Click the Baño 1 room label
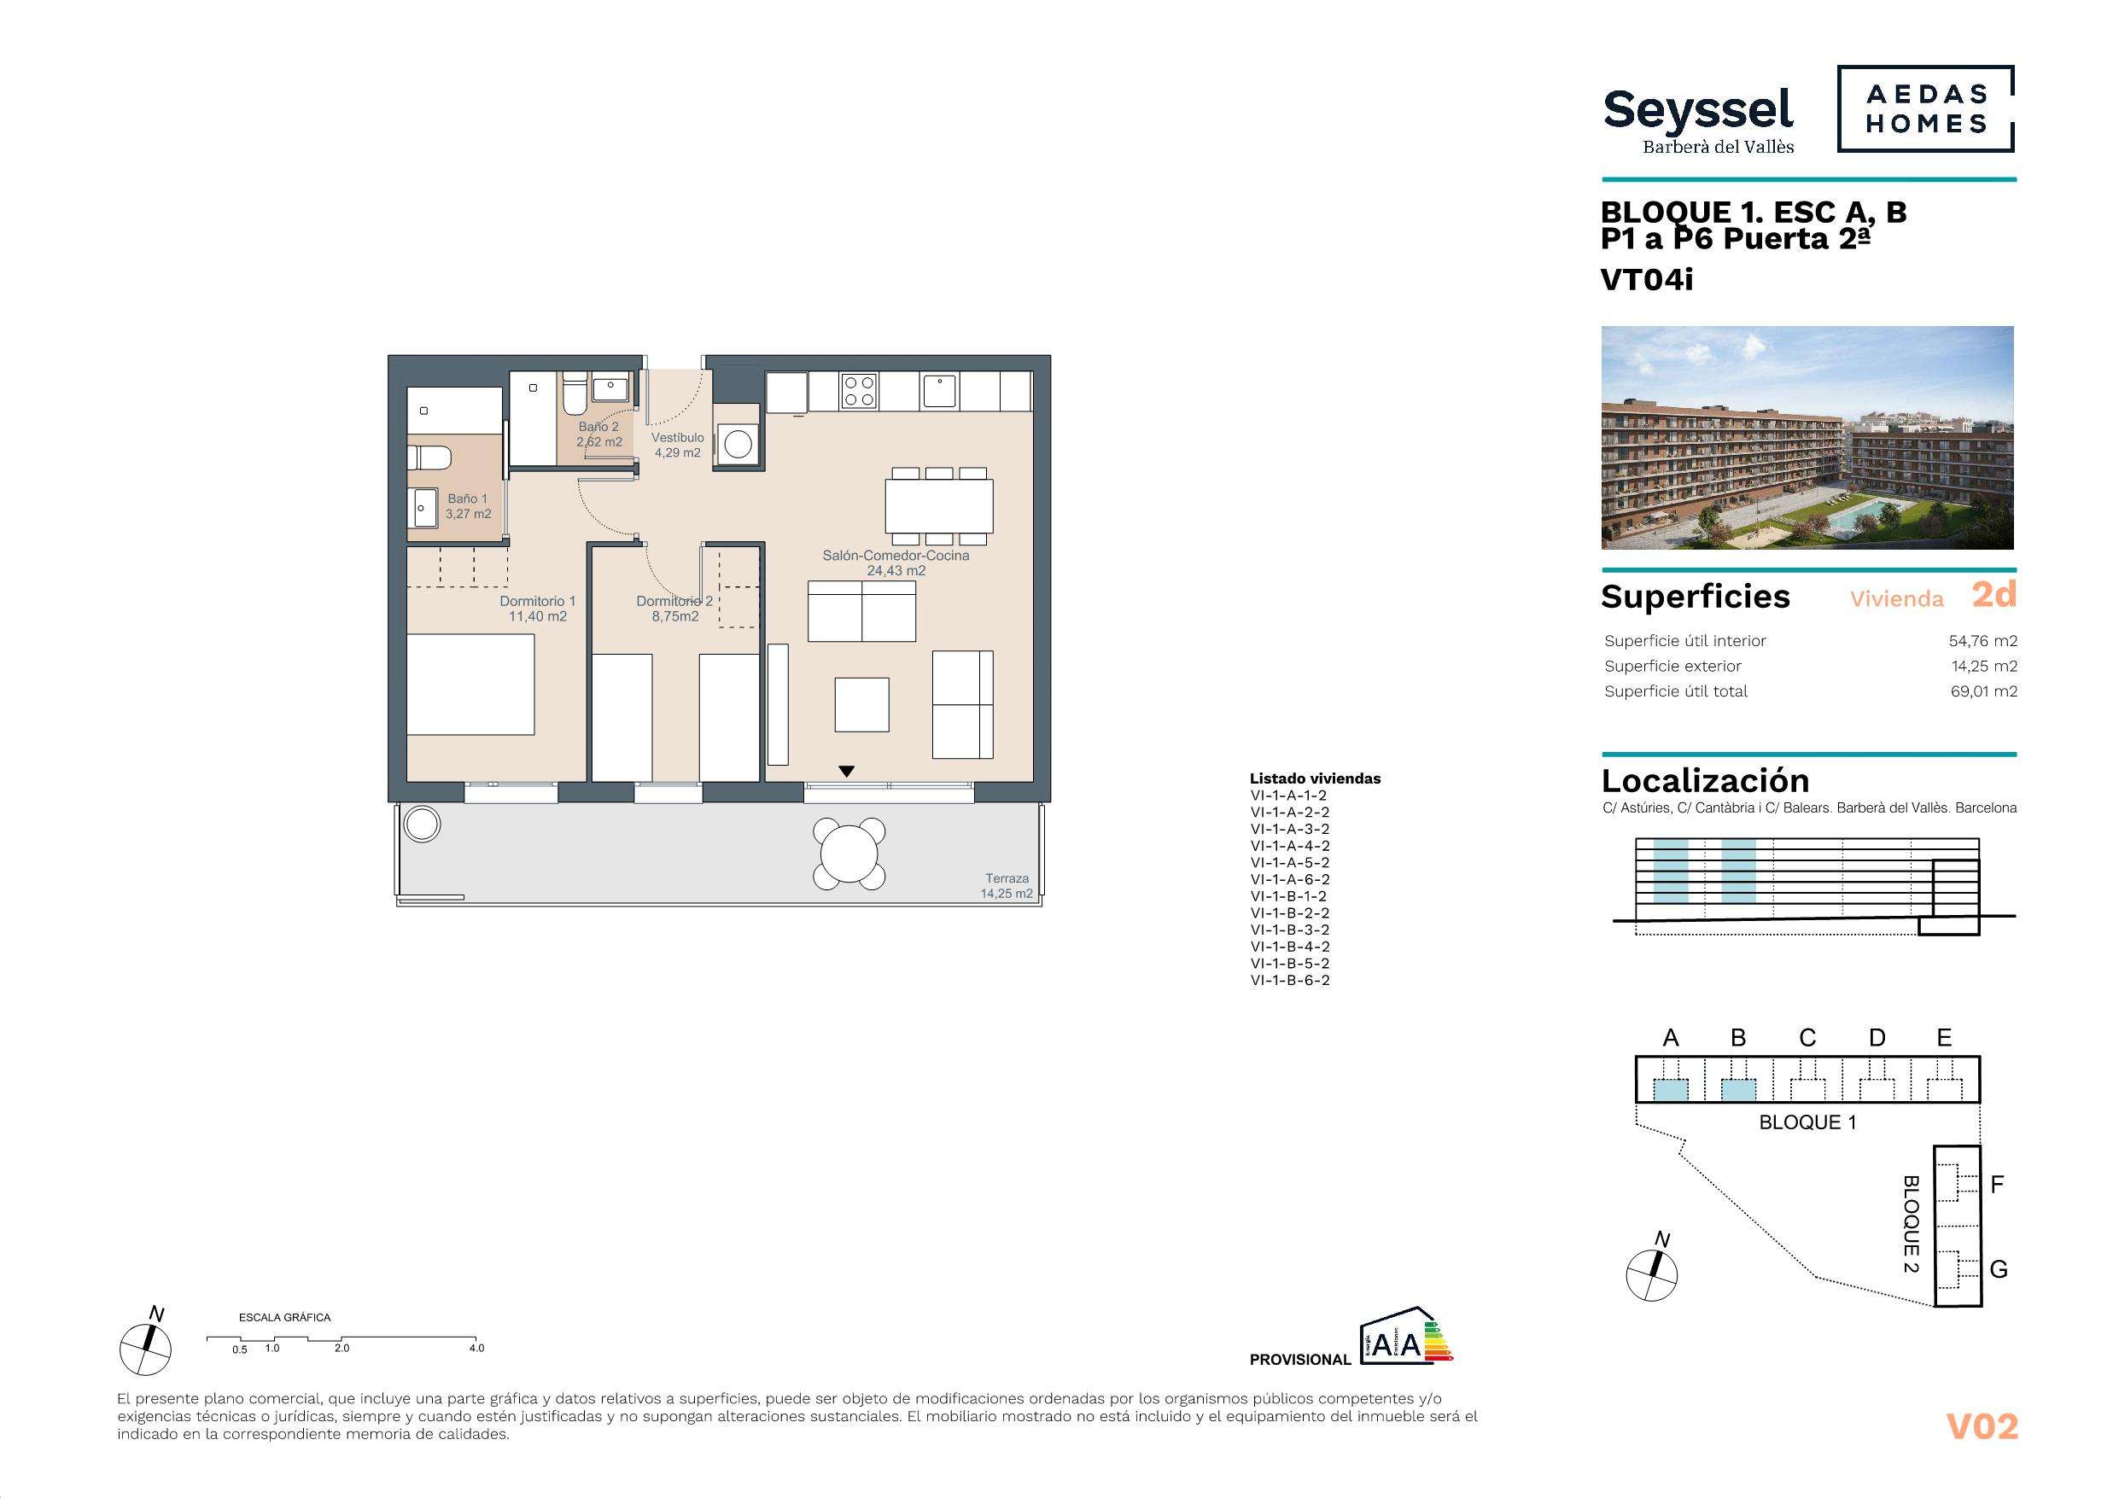468,507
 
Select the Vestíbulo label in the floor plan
677,445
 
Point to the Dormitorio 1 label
537,609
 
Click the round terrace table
848,853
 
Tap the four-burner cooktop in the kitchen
858,391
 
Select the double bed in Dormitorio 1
471,684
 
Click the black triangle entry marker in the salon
846,771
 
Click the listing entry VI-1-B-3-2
1289,930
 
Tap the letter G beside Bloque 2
1998,1270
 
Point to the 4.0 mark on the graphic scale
476,1348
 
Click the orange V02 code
1982,1427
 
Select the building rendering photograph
1807,438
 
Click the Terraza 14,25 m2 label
1006,886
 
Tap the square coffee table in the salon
862,705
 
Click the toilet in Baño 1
431,456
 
